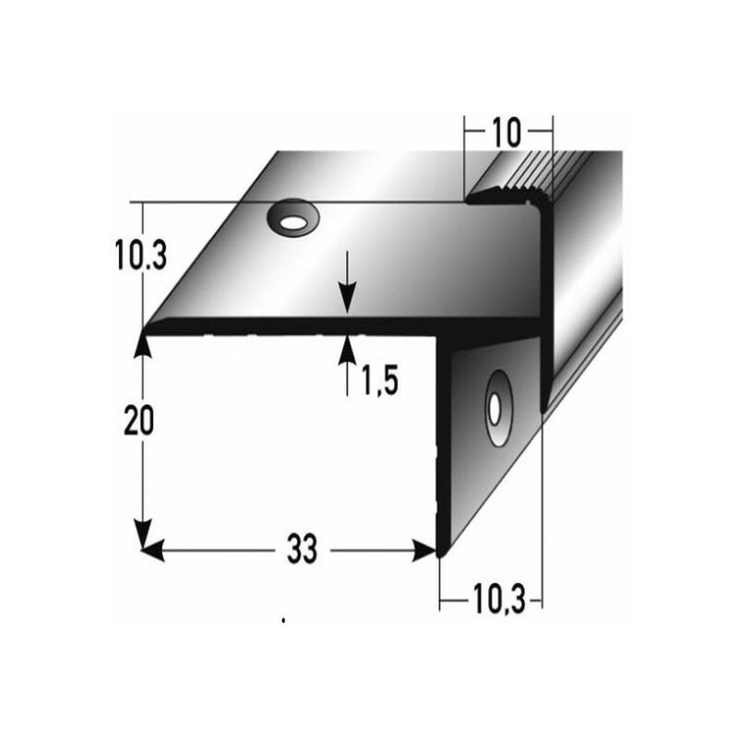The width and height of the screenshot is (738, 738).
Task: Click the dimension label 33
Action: point(301,551)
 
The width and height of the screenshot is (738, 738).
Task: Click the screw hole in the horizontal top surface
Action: point(292,220)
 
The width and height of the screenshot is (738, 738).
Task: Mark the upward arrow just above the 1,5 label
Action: point(347,350)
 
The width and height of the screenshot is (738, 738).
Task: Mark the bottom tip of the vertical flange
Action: point(442,553)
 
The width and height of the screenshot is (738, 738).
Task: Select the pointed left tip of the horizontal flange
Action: point(145,328)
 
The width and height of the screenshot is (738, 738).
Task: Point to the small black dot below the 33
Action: point(285,621)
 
